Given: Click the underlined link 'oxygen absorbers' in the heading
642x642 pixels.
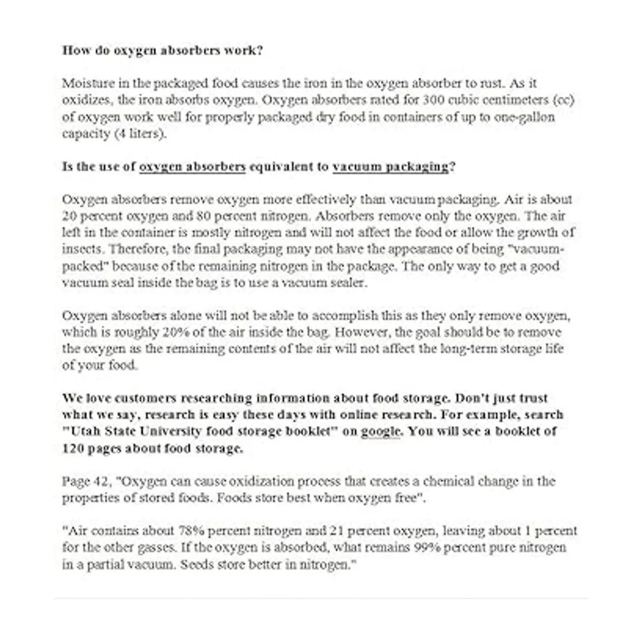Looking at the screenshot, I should pos(192,166).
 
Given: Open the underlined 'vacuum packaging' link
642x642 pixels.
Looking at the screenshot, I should pos(391,166).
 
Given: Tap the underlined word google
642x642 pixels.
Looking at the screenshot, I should pos(380,431).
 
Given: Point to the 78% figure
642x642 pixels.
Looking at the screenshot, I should pos(191,531).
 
